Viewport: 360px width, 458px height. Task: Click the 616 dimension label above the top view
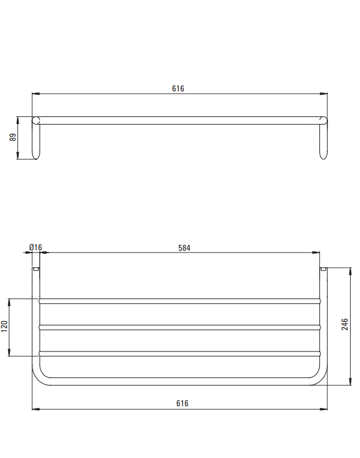178,88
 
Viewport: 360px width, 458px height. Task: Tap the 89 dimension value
13,137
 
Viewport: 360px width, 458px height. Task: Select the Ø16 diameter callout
36,247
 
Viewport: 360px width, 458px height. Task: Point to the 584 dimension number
184,248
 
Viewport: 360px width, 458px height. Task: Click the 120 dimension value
5,326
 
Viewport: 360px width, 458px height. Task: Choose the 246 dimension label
345,324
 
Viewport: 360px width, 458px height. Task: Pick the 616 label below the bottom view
182,403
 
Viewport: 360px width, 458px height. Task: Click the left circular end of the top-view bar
36,120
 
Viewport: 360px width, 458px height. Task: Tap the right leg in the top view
323,141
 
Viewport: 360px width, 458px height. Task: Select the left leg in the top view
36,142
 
